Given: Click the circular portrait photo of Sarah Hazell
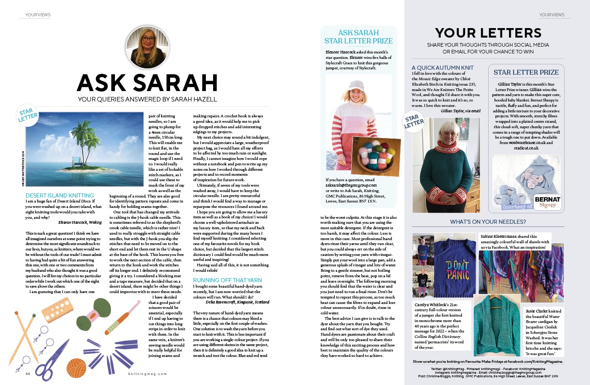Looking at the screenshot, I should click(x=147, y=47).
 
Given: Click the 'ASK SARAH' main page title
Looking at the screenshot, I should click(x=147, y=83).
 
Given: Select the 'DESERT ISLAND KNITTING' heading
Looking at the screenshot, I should click(x=60, y=196).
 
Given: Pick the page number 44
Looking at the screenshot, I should click(x=28, y=374).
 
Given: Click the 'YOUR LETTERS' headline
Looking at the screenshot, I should click(x=488, y=33).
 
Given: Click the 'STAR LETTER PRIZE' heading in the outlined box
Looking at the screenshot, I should click(x=526, y=72).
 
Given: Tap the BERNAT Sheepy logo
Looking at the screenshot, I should click(x=547, y=202).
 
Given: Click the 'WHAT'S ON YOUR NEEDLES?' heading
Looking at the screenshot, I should click(x=488, y=221).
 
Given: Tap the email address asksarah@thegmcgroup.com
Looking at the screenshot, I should click(x=351, y=185).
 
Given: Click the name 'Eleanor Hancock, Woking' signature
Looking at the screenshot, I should click(x=80, y=222).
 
